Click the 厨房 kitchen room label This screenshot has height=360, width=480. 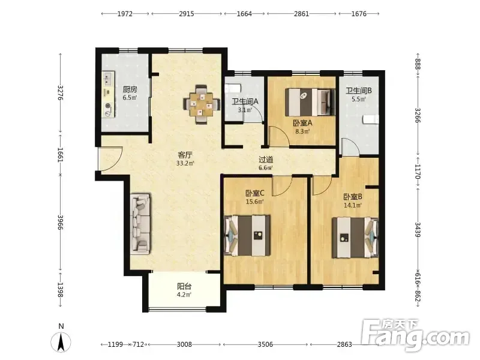tap(130, 89)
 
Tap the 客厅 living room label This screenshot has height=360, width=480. tap(185, 155)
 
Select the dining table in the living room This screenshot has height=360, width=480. tap(202, 104)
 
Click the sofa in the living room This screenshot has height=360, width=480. tap(141, 223)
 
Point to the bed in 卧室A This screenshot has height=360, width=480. tap(310, 102)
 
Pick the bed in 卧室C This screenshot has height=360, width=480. tap(247, 235)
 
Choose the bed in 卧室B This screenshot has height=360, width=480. tap(355, 238)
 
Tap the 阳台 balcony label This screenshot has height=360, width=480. tap(184, 287)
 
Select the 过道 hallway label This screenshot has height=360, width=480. tap(266, 160)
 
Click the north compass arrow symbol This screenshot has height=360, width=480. tap(61, 342)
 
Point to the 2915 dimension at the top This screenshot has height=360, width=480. tap(187, 14)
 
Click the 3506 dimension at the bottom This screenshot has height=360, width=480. tap(265, 344)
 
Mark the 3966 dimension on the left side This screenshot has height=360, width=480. tap(61, 223)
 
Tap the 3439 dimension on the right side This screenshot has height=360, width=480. tap(418, 229)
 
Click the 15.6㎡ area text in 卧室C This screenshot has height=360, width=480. tap(254, 202)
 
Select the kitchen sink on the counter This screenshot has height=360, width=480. tap(108, 79)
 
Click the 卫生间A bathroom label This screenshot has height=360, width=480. tap(245, 101)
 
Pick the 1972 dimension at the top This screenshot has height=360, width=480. tap(125, 14)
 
